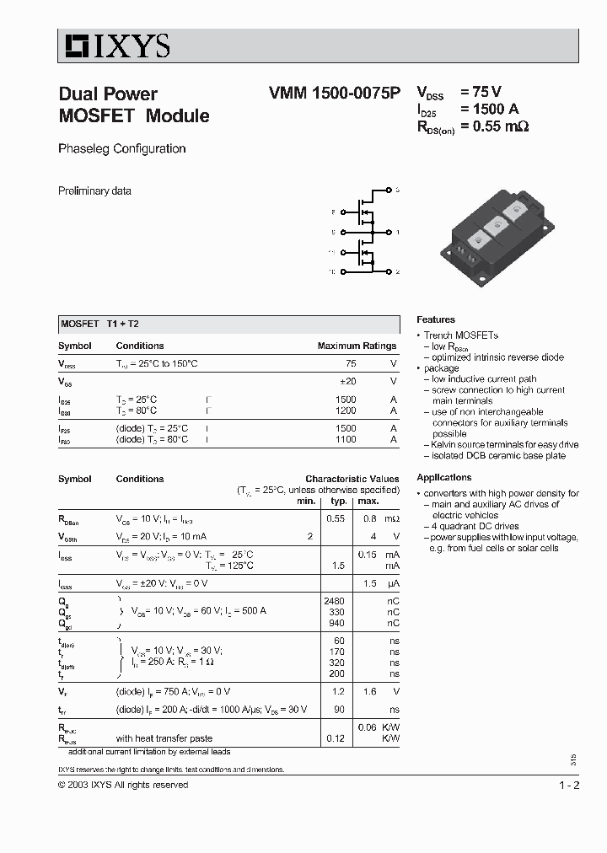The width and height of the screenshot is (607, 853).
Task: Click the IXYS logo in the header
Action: pyautogui.click(x=114, y=45)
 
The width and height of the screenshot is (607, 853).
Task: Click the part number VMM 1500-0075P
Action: pyautogui.click(x=323, y=94)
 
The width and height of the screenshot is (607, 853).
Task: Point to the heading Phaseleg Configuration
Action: pyautogui.click(x=121, y=149)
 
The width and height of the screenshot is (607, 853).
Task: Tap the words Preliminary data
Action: pyautogui.click(x=94, y=191)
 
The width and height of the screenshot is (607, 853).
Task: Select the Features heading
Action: pyautogui.click(x=436, y=320)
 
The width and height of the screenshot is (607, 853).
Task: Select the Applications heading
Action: pyautogui.click(x=444, y=478)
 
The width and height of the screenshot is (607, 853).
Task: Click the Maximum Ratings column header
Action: pyautogui.click(x=357, y=346)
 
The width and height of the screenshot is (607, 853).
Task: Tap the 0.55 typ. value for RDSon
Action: pyautogui.click(x=336, y=518)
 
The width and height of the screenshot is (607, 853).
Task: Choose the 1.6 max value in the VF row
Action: pyautogui.click(x=369, y=691)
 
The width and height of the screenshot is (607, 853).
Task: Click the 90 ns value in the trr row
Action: pyautogui.click(x=340, y=710)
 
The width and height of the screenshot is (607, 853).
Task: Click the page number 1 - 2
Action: pyautogui.click(x=569, y=786)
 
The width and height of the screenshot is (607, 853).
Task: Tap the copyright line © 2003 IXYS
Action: pyautogui.click(x=123, y=786)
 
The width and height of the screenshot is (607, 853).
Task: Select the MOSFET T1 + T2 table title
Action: pyautogui.click(x=105, y=325)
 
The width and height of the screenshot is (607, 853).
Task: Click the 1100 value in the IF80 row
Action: pyautogui.click(x=346, y=440)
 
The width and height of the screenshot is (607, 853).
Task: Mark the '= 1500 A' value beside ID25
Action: pyautogui.click(x=489, y=110)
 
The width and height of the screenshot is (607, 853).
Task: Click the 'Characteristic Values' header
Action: pyautogui.click(x=352, y=479)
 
